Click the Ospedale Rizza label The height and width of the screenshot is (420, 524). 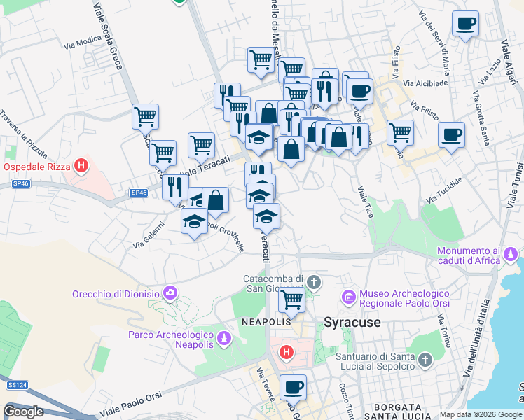point(38,167)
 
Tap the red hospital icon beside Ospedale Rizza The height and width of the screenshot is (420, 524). point(82,167)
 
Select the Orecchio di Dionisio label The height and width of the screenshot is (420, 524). point(116,294)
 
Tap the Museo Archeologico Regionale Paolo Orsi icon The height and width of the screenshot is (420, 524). point(349,298)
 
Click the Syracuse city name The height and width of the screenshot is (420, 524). point(352,323)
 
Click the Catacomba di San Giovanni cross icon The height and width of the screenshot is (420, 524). point(313,283)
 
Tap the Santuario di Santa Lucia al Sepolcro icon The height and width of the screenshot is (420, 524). point(425,360)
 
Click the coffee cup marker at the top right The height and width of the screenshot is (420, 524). point(465,24)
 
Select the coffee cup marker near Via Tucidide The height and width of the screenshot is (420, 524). point(451,134)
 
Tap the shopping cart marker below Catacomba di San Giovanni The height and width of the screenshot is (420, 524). point(292,300)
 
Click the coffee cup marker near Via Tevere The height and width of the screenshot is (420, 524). point(293,387)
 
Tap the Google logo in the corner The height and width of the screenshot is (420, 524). point(23,412)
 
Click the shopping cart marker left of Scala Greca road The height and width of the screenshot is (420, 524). point(145,115)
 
